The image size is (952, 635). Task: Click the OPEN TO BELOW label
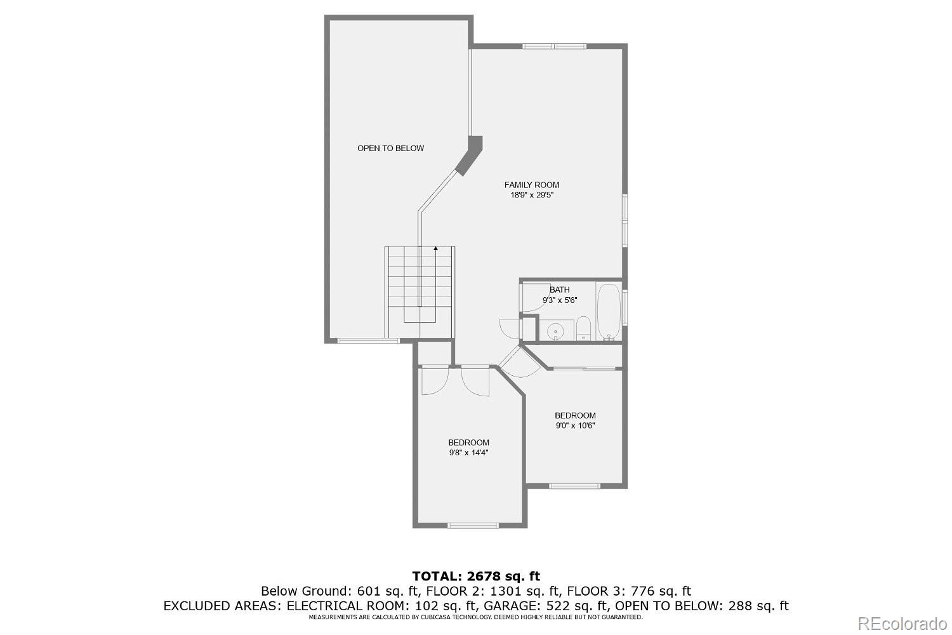click(x=390, y=149)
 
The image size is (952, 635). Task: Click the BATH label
click(x=559, y=290)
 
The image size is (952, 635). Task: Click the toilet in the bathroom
click(x=584, y=330)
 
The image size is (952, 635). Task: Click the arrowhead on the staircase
click(x=435, y=249)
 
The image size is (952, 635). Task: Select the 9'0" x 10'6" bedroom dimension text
click(x=575, y=426)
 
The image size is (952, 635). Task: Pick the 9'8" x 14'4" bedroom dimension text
click(x=468, y=453)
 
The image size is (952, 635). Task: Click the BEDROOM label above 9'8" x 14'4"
click(x=468, y=443)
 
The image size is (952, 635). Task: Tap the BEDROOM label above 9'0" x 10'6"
click(x=575, y=416)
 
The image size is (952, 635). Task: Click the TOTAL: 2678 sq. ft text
click(x=476, y=577)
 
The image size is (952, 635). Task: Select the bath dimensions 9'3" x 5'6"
click(x=559, y=300)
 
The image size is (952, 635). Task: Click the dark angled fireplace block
click(x=470, y=155)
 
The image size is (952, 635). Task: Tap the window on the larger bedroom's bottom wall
click(x=473, y=525)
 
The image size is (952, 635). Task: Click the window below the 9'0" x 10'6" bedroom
click(x=574, y=486)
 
